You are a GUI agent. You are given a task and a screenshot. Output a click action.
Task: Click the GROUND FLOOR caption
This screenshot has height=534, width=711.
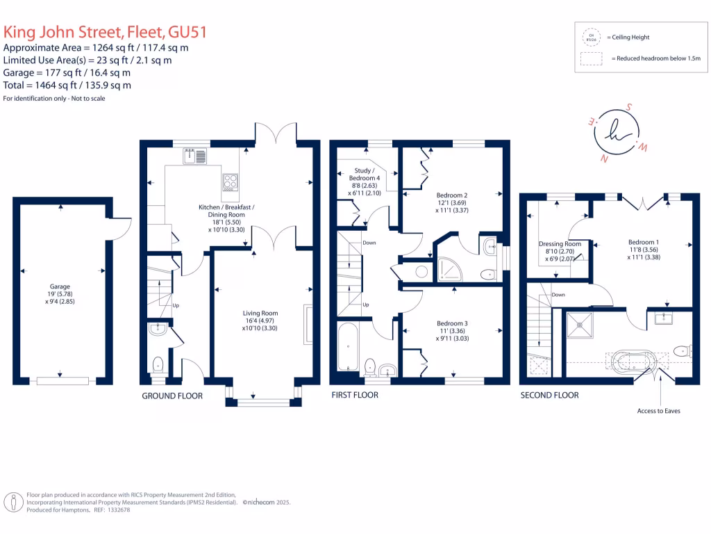(x=172, y=396)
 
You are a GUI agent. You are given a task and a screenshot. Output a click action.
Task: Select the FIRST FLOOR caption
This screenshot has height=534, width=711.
(x=354, y=395)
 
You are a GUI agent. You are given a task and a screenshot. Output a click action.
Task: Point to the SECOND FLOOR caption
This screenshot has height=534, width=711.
(x=549, y=395)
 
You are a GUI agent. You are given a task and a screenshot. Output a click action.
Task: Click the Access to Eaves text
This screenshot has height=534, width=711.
(x=658, y=411)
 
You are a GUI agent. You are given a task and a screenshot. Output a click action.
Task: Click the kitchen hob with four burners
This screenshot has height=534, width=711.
(x=230, y=182)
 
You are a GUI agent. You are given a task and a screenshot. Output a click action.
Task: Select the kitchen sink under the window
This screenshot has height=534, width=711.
(x=195, y=158)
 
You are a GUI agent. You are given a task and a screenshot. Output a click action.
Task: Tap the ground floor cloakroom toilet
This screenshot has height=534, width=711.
(x=158, y=364)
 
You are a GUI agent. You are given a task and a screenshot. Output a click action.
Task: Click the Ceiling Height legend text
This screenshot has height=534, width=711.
(x=631, y=37)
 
